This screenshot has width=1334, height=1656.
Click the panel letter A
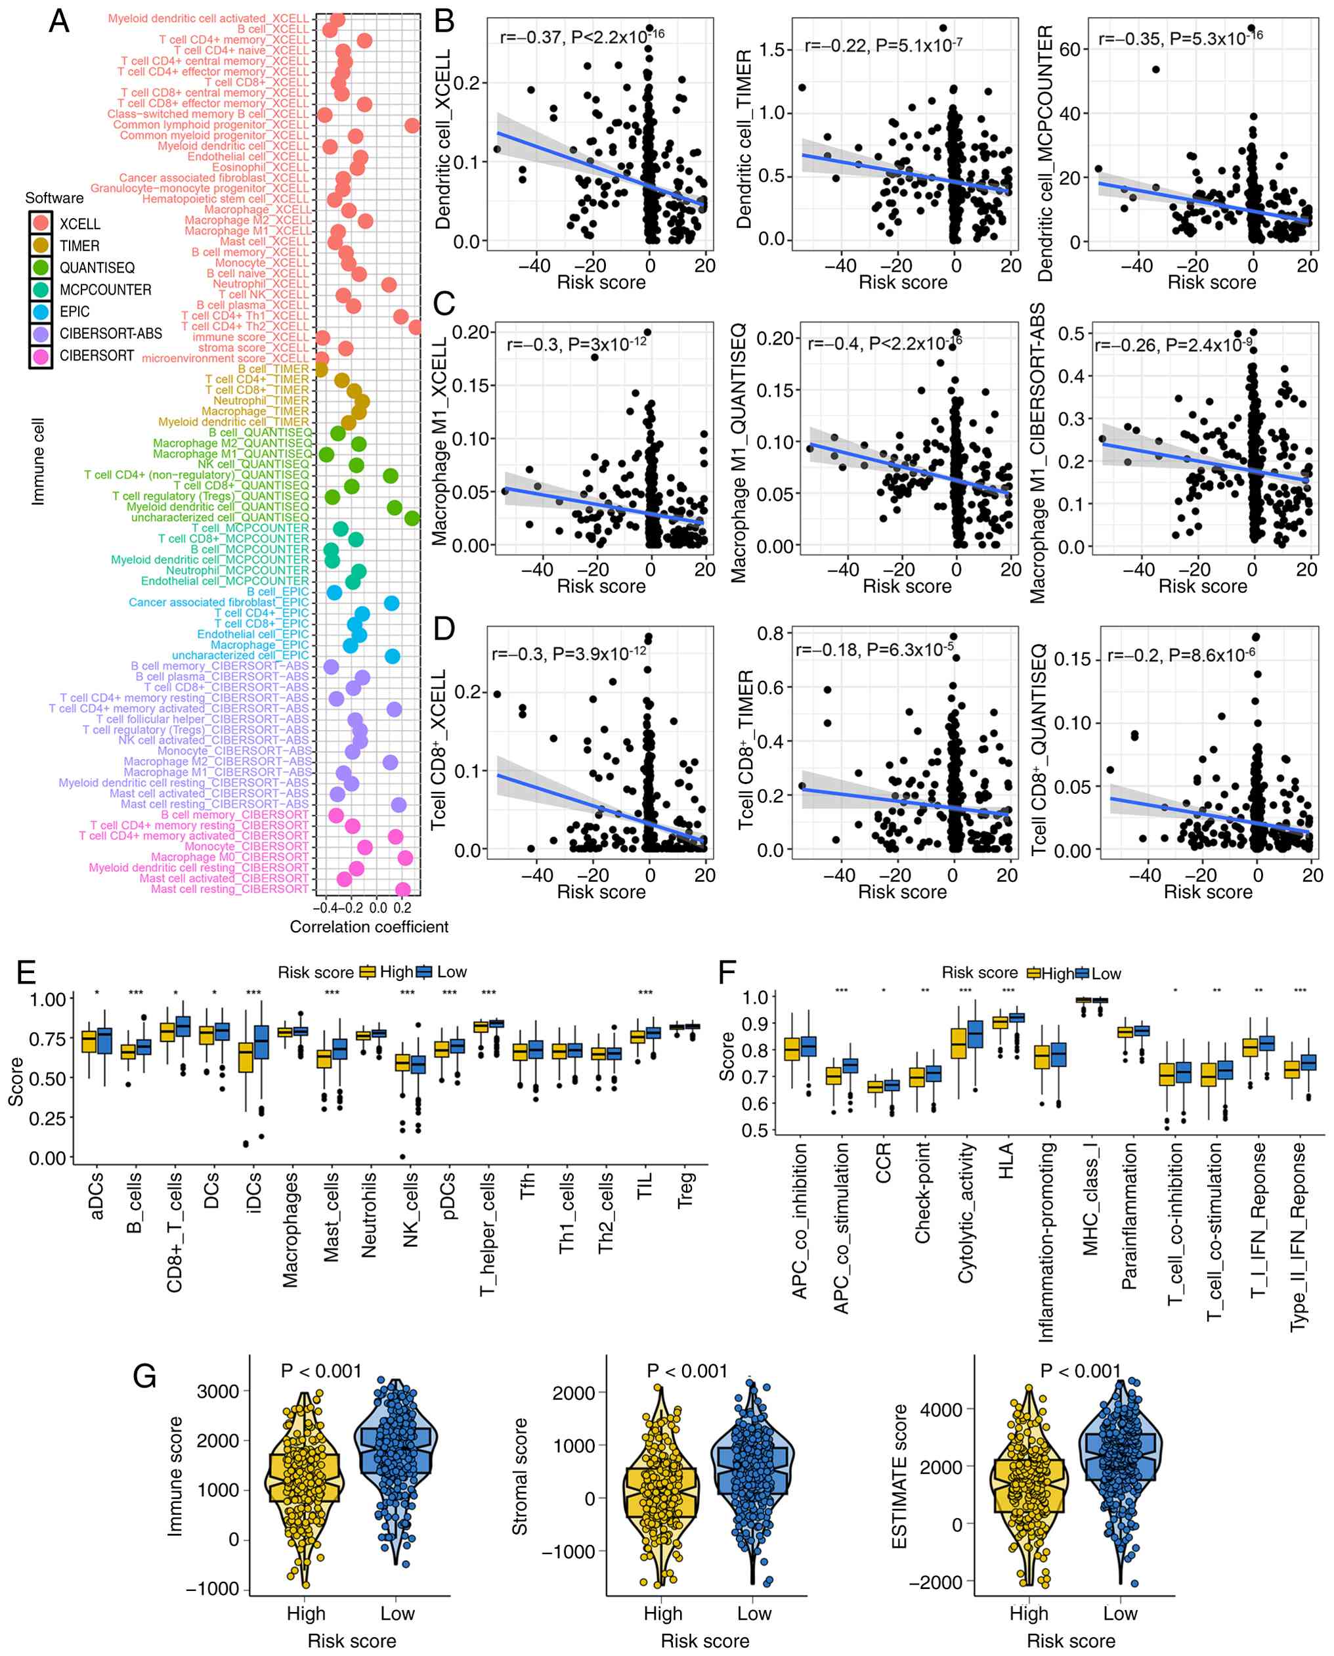(59, 21)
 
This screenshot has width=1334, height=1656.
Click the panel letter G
(145, 1376)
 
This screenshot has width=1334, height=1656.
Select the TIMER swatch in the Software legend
(41, 246)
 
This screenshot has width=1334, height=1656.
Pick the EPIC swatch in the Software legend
(41, 312)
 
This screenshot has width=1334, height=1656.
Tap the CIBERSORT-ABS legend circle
(41, 334)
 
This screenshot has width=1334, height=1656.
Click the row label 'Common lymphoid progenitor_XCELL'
(211, 125)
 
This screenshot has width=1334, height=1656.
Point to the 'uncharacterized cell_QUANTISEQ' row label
(220, 517)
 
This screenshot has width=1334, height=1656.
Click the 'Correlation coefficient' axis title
(369, 926)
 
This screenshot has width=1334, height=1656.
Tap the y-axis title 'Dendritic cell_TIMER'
(744, 140)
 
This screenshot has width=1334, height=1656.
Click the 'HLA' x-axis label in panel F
(1006, 1160)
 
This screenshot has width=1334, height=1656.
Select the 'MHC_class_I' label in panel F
(1090, 1200)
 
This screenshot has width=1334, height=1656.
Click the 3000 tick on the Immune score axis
(218, 1391)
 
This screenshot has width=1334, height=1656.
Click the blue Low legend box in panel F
(1083, 974)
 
